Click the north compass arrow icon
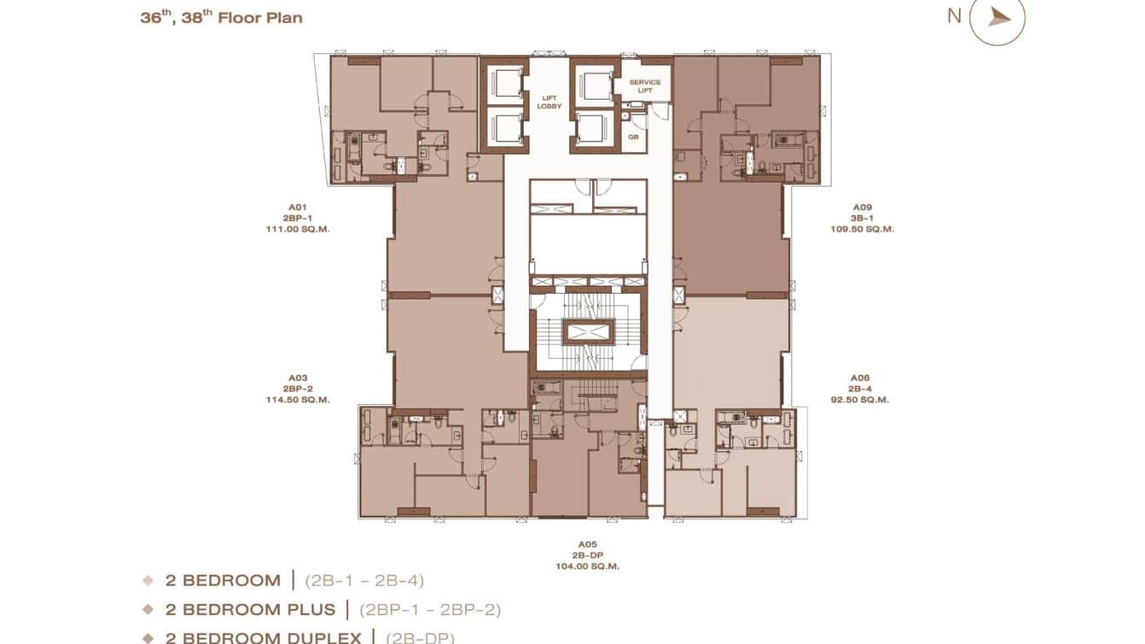[998, 18]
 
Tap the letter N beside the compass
[954, 15]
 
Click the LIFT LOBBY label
[549, 102]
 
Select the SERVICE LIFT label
[645, 86]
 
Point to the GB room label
[633, 137]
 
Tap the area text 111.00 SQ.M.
[297, 229]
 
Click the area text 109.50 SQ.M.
[862, 229]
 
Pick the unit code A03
[297, 378]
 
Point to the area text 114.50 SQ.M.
[297, 400]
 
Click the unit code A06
[859, 378]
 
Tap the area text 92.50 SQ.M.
[859, 400]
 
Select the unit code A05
[587, 544]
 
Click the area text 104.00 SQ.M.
[587, 566]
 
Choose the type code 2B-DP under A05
[587, 555]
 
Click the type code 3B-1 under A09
[862, 218]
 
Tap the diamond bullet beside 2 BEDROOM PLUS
[148, 610]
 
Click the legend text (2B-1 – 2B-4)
[364, 581]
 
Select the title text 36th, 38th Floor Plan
[221, 18]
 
